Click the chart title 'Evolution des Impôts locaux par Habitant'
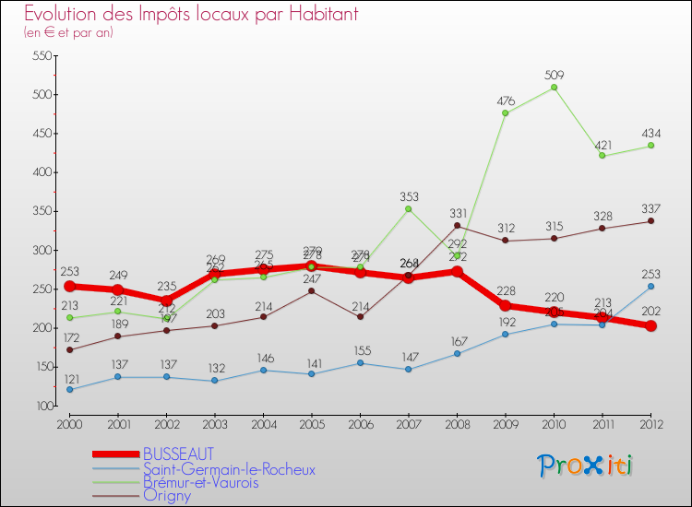[x=191, y=15]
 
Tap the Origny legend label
[x=167, y=495]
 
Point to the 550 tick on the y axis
[x=41, y=55]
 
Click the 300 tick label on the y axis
[x=41, y=250]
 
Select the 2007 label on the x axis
[x=409, y=423]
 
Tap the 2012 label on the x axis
[x=650, y=423]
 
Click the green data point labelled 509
[x=554, y=88]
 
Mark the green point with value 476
[x=506, y=113]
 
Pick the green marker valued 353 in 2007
[x=409, y=208]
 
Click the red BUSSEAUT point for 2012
[x=650, y=325]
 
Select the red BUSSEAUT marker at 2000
[x=70, y=286]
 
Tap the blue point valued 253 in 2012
[x=650, y=286]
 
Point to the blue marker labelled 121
[x=70, y=389]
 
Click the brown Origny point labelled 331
[x=457, y=226]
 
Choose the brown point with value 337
[x=650, y=221]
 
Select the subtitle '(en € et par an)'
[x=69, y=33]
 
